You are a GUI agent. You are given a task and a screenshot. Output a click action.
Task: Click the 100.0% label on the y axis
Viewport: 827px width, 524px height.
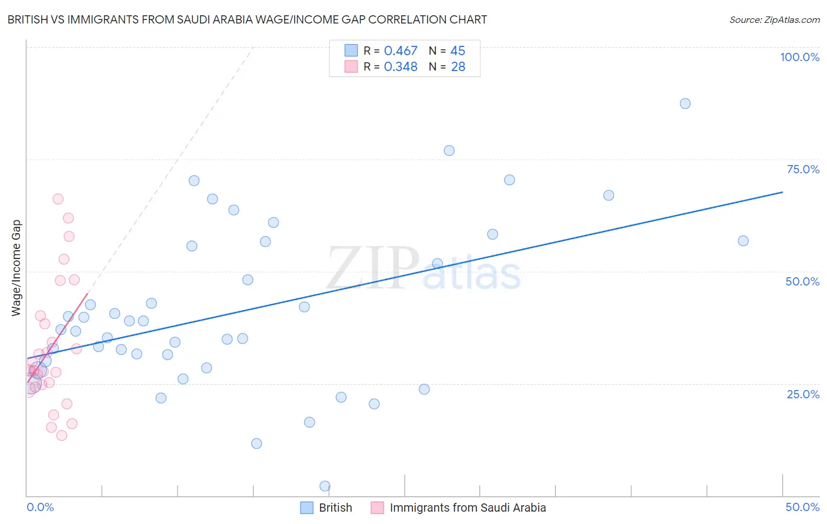[x=799, y=57]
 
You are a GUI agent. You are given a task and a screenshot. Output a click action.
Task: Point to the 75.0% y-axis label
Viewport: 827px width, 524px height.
[x=803, y=169]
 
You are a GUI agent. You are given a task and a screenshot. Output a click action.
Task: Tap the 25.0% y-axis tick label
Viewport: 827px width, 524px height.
[x=803, y=394]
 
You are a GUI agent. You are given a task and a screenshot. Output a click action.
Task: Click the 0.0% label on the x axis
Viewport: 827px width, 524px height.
[x=40, y=507]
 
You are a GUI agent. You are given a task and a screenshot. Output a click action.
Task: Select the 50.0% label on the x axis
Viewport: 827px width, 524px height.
[x=802, y=507]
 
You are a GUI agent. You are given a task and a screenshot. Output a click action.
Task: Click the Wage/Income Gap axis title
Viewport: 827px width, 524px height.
[x=16, y=268]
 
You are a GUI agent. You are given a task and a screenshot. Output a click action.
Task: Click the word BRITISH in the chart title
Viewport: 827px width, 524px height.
[x=29, y=19]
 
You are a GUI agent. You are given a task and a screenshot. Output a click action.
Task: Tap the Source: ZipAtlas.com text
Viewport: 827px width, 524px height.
[x=774, y=19]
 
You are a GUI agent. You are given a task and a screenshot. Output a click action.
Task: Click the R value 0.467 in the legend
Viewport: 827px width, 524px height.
[x=401, y=51]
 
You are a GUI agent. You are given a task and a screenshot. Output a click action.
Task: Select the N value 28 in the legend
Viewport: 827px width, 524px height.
[x=458, y=67]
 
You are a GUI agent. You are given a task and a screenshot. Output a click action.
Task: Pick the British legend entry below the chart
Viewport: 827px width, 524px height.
[x=335, y=508]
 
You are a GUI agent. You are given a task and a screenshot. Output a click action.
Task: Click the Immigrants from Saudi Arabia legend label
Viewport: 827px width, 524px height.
[x=468, y=508]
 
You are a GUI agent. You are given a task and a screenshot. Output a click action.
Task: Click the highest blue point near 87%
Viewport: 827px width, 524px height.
[x=685, y=103]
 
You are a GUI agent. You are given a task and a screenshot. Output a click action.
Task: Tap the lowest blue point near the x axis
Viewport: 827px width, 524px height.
[x=325, y=486]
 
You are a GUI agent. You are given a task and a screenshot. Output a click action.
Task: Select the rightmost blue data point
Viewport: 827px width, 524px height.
[x=743, y=241]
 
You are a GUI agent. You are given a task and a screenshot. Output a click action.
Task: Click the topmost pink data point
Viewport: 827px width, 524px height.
[x=58, y=199]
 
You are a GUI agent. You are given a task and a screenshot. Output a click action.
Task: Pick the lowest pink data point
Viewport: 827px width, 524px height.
[x=62, y=435]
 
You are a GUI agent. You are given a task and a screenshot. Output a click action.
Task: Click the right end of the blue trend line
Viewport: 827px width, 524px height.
[x=782, y=192]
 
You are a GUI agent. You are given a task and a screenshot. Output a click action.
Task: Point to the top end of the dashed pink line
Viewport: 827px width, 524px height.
[x=253, y=46]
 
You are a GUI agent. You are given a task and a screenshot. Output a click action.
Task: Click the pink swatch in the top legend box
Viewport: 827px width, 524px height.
[x=351, y=66]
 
